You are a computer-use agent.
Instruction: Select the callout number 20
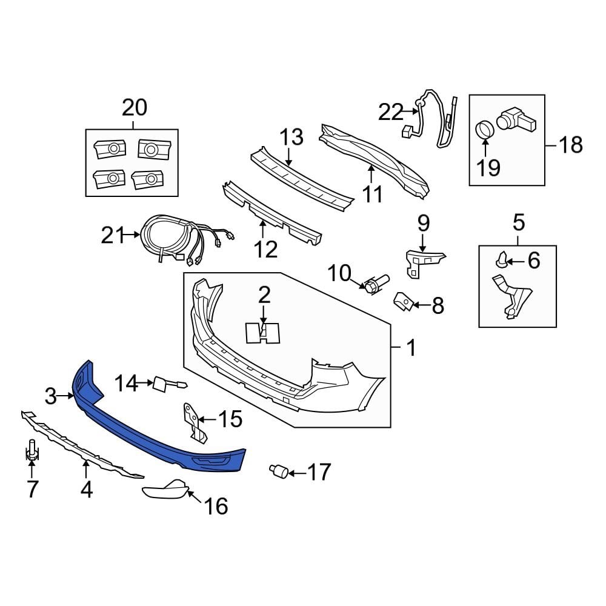point(135,108)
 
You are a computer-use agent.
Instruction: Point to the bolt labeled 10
point(375,283)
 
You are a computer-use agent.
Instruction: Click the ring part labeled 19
point(485,129)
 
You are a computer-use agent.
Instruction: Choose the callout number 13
point(291,138)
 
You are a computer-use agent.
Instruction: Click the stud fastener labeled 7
point(32,452)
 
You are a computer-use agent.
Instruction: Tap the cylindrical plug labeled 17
point(279,471)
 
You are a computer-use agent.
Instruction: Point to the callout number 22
point(391,112)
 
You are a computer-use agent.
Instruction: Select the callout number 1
point(411,348)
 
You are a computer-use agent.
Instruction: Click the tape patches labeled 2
point(263,333)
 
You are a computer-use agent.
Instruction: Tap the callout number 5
point(519,222)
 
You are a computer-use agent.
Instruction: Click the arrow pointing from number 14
point(144,382)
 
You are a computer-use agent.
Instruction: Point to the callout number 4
point(86,488)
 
